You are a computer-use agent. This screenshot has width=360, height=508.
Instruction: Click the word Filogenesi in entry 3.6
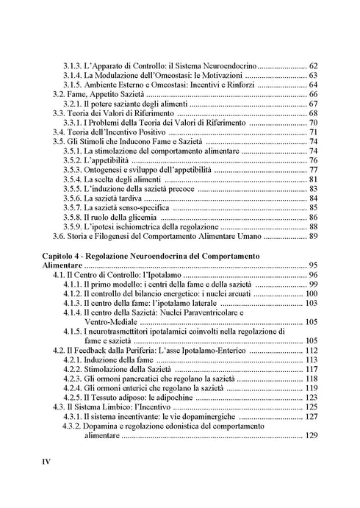coord(118,237)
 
